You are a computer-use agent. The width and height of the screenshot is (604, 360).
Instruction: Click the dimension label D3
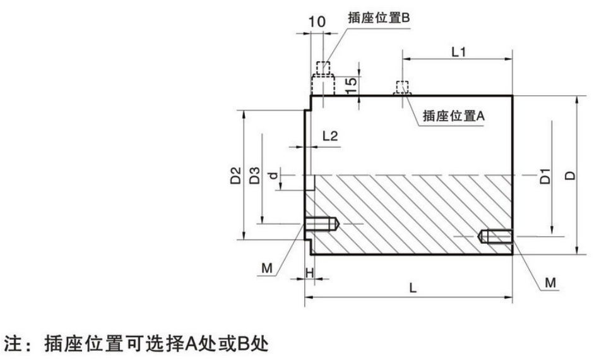tap(255, 175)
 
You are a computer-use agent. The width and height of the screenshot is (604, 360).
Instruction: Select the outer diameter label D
tap(571, 175)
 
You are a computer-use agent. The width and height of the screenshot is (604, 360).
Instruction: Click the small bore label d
tap(273, 174)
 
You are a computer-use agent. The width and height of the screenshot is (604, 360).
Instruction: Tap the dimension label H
tap(309, 272)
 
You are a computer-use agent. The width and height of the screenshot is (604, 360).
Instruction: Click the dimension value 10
tap(317, 21)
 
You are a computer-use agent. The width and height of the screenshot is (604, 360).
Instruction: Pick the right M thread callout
tap(550, 284)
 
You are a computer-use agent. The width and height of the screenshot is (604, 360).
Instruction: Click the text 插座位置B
tap(379, 18)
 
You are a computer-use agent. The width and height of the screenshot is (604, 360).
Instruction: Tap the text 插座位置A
tap(453, 116)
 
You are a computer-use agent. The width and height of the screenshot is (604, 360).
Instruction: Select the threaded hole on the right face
tap(495, 237)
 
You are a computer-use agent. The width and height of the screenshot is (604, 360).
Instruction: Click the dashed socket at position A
tap(402, 88)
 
